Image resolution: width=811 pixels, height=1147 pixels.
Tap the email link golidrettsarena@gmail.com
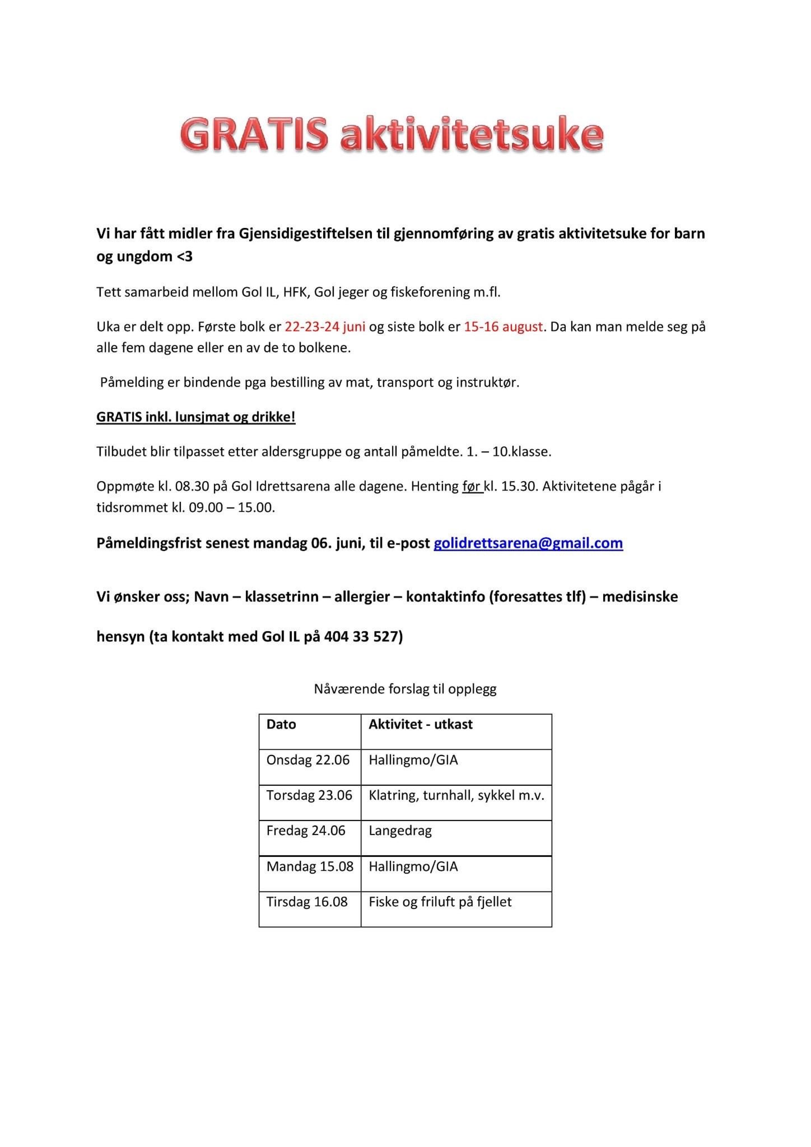[528, 543]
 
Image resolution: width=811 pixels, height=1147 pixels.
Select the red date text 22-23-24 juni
[325, 327]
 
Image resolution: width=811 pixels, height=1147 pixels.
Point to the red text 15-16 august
[503, 327]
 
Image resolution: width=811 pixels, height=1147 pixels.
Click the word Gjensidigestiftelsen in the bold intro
[306, 233]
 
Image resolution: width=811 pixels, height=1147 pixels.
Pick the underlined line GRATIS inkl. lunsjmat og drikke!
[196, 417]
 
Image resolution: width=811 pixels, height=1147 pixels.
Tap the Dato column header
[281, 724]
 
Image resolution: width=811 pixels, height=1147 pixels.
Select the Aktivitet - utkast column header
[420, 724]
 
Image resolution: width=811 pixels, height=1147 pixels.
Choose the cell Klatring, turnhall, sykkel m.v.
[456, 795]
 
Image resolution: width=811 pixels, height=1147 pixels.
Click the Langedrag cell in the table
[400, 831]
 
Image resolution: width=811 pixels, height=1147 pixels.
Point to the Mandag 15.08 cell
[310, 866]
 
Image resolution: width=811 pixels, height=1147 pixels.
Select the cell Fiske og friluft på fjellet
[440, 902]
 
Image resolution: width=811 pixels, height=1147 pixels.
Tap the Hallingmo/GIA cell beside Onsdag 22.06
[413, 760]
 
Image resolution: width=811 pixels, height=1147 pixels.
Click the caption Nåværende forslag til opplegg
[405, 689]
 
